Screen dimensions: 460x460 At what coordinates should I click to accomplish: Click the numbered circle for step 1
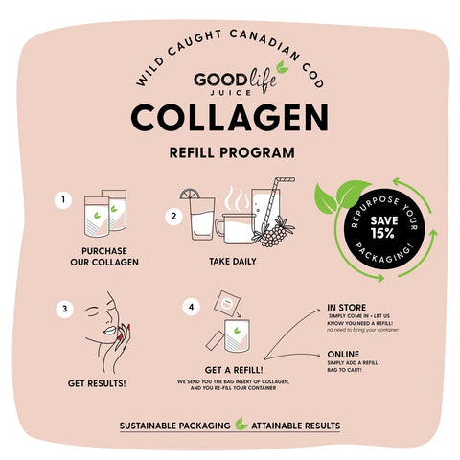pos(63,200)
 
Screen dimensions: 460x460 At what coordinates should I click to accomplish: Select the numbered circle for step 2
pos(173,217)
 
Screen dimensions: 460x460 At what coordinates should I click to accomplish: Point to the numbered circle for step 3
pos(64,309)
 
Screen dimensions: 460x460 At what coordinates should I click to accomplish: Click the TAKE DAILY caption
pos(233,260)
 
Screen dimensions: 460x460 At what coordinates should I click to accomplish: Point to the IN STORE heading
pos(346,307)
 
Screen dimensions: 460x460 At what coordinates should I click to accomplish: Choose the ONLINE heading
pos(344,354)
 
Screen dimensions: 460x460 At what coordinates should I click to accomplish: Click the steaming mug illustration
pos(234,227)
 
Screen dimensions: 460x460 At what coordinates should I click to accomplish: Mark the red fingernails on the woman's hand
pos(120,338)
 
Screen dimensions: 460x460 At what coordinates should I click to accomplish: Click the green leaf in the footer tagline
pos(241,425)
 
